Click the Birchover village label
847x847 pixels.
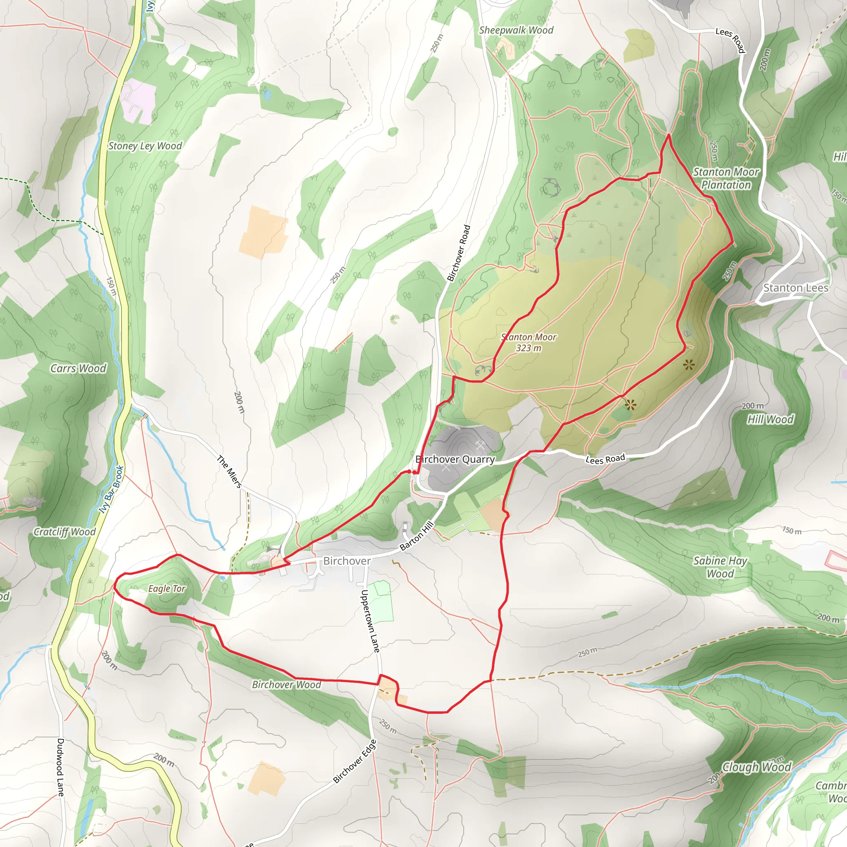click(347, 561)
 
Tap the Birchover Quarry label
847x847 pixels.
click(455, 459)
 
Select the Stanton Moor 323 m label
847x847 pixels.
click(528, 342)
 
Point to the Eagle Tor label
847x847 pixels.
click(167, 589)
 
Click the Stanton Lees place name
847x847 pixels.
click(796, 288)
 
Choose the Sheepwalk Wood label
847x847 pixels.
click(516, 30)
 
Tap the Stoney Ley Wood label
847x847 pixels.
click(145, 146)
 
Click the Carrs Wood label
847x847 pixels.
click(78, 368)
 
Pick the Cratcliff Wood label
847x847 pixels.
click(65, 532)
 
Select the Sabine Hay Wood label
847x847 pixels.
click(720, 567)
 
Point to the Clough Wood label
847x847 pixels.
click(756, 767)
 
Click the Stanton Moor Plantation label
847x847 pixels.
click(726, 178)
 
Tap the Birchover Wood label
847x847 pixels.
click(286, 684)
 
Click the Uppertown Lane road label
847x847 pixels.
click(370, 621)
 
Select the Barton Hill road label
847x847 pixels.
click(416, 536)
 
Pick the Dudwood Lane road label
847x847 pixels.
click(60, 767)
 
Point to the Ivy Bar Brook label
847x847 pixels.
click(111, 489)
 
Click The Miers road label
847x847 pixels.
click(229, 472)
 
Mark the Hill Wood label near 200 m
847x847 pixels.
click(770, 419)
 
